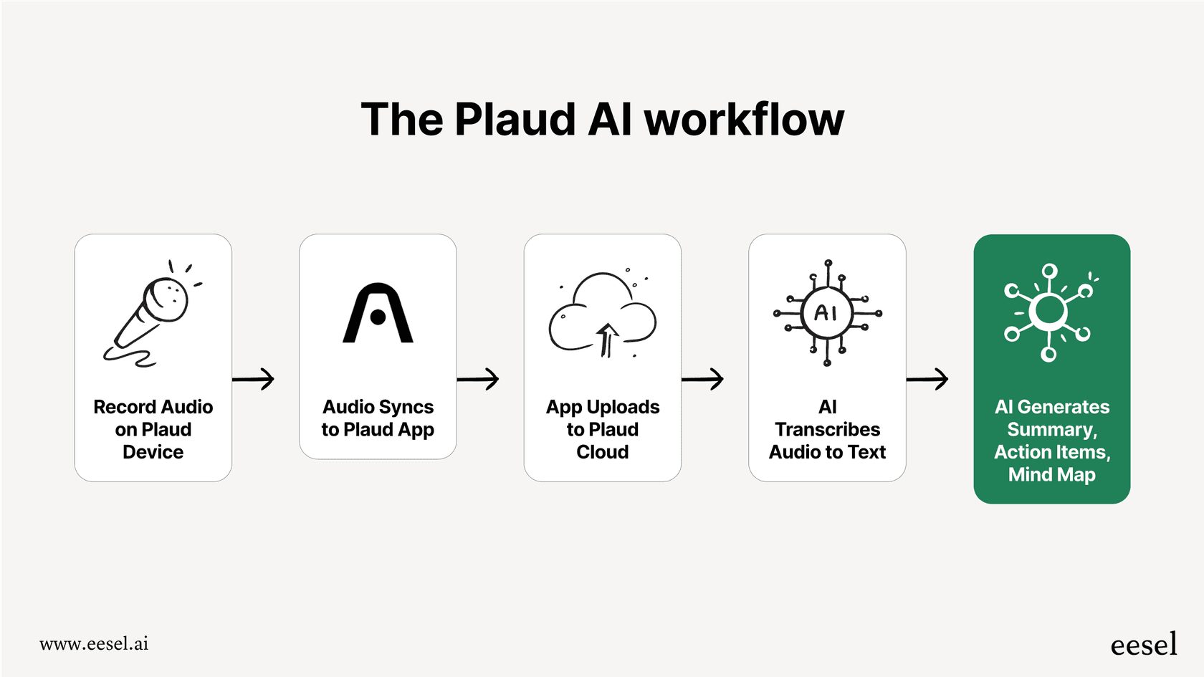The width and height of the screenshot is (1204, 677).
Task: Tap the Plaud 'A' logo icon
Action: (x=378, y=314)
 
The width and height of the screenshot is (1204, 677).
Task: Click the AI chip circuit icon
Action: (x=827, y=313)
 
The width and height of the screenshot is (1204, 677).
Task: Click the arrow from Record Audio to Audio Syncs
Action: (x=254, y=378)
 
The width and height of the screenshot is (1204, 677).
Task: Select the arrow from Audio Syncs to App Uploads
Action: (x=478, y=378)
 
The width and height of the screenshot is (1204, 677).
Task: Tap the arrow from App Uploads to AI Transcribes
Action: (x=703, y=378)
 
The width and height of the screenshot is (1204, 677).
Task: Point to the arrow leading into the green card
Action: (x=927, y=378)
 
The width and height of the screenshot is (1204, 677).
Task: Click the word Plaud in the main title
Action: (x=515, y=119)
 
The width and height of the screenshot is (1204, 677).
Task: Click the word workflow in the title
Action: (x=744, y=119)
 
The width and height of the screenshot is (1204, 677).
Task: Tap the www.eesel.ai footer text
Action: (x=94, y=643)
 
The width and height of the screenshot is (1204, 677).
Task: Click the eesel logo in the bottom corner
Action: (x=1144, y=645)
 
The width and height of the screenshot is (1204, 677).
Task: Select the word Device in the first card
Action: (x=153, y=452)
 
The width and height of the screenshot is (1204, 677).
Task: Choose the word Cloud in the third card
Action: (x=602, y=452)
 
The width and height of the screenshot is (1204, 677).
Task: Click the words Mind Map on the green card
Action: (x=1051, y=475)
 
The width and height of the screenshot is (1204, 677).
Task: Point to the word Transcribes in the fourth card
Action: (x=827, y=429)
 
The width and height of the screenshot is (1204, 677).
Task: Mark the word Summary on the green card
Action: (x=1051, y=430)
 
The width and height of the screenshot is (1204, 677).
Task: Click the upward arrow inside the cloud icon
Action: (x=607, y=340)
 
